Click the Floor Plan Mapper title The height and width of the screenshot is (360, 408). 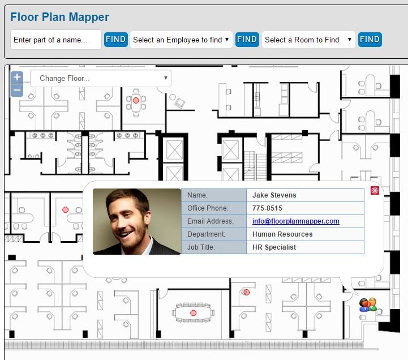pos(60,17)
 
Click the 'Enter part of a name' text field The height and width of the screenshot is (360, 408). pos(55,40)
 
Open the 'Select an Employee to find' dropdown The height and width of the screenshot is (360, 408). pos(181,40)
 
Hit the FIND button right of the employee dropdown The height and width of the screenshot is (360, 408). pos(247,40)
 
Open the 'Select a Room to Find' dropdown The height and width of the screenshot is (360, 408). pos(308,40)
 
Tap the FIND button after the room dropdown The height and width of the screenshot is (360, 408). pos(370,40)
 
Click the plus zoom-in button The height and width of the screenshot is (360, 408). pos(17,78)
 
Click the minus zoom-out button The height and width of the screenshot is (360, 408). pos(17,90)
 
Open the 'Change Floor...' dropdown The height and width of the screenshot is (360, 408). pos(101,79)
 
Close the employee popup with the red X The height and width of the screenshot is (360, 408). pos(375,191)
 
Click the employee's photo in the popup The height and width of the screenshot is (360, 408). pos(137,221)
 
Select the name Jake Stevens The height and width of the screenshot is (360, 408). pos(274,195)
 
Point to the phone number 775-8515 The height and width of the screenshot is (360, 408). pos(267,208)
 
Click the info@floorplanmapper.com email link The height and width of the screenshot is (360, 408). pos(295,221)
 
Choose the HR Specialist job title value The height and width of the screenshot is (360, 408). pos(274,247)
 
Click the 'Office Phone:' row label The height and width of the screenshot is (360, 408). pos(208,208)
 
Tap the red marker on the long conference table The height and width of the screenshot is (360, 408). pos(193,313)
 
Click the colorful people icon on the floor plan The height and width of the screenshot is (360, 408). pos(367,305)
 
